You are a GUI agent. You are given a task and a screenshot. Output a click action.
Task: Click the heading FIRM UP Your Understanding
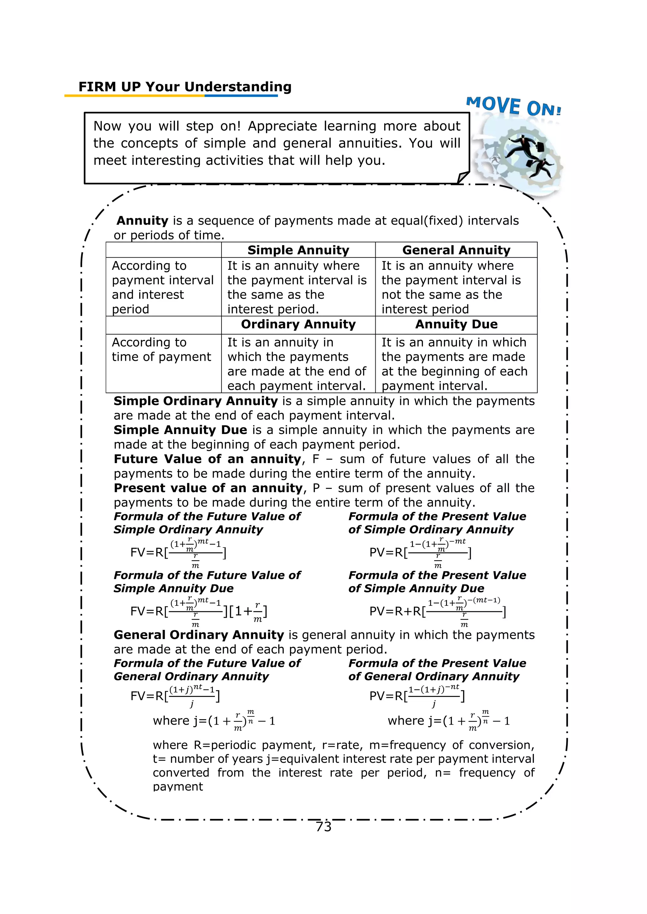click(x=185, y=87)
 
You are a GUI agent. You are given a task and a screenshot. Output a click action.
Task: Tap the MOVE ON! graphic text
click(x=514, y=106)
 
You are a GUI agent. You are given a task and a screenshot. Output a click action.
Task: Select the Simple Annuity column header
click(x=298, y=250)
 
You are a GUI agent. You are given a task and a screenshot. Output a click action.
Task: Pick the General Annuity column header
click(x=456, y=250)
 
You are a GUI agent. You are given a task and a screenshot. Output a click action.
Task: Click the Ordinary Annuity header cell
click(x=298, y=324)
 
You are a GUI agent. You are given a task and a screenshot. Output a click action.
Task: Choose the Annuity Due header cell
click(x=456, y=324)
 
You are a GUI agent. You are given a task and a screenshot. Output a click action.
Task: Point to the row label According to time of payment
click(x=161, y=349)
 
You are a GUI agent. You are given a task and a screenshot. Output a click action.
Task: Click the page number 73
click(x=323, y=827)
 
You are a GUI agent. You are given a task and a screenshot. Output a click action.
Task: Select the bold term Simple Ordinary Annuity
click(x=195, y=401)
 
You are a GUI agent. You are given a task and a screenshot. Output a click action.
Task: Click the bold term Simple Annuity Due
click(x=180, y=430)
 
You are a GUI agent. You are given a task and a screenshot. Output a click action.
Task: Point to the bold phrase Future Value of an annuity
click(x=207, y=459)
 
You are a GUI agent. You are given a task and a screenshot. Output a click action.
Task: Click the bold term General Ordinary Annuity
click(x=198, y=635)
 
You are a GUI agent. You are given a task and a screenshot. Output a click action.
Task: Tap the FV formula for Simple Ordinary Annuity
click(x=178, y=553)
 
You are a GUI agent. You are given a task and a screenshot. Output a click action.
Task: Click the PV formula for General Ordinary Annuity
click(x=417, y=696)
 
